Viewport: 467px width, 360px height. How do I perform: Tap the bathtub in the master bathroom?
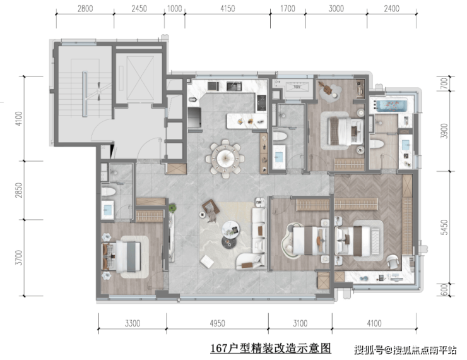(x=391, y=106)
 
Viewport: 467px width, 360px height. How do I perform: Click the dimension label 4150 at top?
(x=228, y=8)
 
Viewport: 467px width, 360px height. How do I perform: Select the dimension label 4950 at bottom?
(x=217, y=323)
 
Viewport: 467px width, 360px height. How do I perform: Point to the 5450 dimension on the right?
(x=444, y=227)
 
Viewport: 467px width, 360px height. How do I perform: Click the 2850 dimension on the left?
(x=18, y=190)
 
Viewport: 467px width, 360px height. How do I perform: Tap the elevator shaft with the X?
(x=140, y=78)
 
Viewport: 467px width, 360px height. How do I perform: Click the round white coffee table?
(x=230, y=229)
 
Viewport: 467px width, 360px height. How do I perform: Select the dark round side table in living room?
(x=228, y=242)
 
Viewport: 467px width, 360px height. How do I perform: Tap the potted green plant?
(x=172, y=208)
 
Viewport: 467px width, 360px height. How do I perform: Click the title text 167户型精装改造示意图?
(x=271, y=348)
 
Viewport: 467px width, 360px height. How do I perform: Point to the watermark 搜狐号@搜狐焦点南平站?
(x=405, y=350)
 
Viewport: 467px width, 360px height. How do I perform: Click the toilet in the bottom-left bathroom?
(x=108, y=191)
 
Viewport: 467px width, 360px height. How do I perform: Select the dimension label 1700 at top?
(x=288, y=8)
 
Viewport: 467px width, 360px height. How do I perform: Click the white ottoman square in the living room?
(x=207, y=261)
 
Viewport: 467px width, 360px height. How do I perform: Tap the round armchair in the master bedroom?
(x=393, y=261)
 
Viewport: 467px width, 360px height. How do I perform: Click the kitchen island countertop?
(x=246, y=121)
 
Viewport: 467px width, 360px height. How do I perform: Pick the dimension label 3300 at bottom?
(x=133, y=323)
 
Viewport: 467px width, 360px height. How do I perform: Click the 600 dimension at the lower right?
(x=444, y=290)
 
